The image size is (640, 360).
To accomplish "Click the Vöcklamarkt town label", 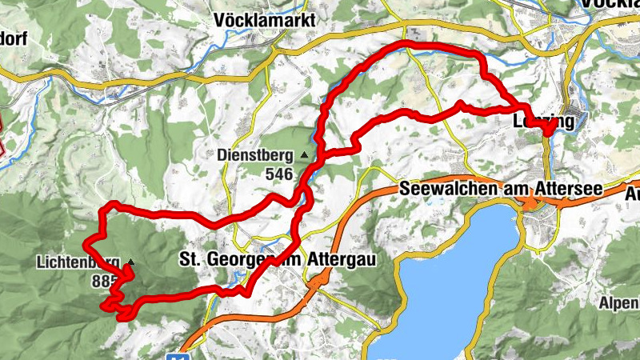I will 265,20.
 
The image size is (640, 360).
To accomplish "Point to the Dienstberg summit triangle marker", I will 304,154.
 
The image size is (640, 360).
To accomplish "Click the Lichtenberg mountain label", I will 78,262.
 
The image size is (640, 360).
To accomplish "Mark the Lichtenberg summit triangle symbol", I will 130,262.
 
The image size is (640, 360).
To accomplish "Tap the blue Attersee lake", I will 448,272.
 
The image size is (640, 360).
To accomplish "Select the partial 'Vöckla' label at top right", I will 613,4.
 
